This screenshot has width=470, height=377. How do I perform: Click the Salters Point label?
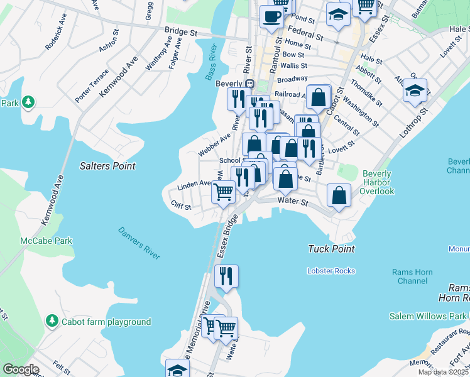point(107,166)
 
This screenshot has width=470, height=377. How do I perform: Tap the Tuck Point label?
point(331,249)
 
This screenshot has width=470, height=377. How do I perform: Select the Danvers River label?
point(139,243)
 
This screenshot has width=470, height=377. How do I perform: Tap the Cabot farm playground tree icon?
point(52,322)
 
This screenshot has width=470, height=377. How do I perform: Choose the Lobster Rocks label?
point(331,271)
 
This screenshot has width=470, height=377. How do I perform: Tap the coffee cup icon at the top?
point(271,16)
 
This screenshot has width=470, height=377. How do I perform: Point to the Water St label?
point(293,202)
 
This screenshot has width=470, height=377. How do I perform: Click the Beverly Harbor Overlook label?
point(377,182)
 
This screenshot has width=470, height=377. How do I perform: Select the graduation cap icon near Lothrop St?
point(415,90)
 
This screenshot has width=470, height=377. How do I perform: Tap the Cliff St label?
point(180,205)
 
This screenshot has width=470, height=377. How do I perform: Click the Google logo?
point(20,369)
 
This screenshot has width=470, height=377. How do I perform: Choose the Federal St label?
point(305,33)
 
